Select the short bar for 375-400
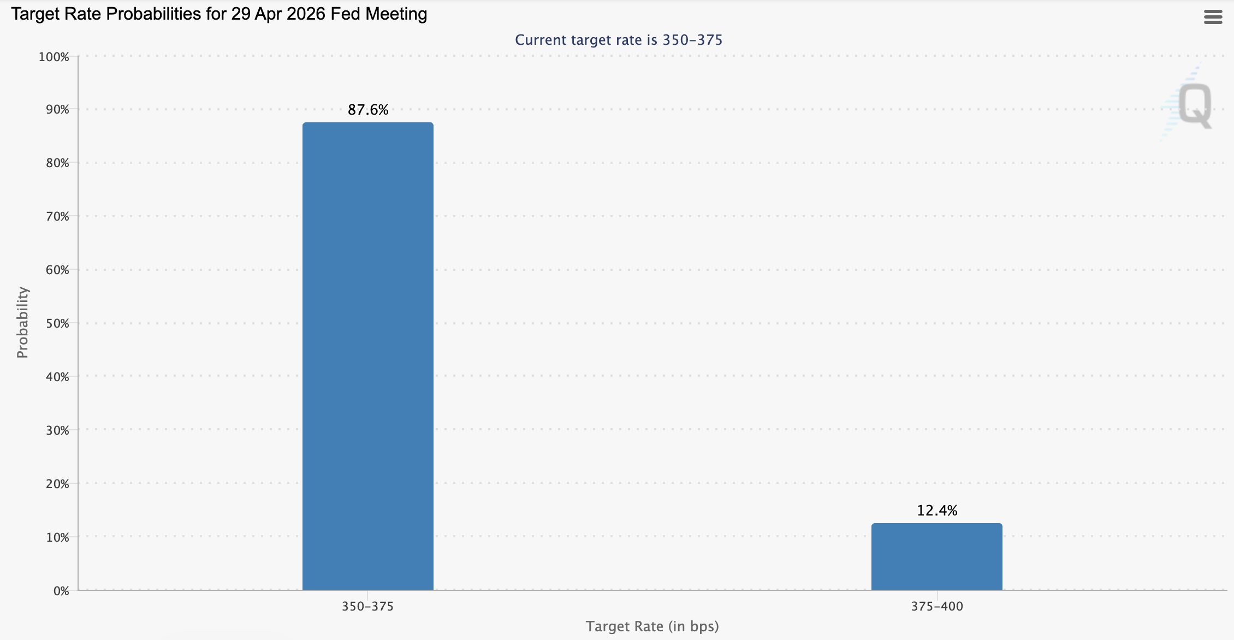936,556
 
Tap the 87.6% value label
368,110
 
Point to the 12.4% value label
937,511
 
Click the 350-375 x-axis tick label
367,606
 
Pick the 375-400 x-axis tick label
937,606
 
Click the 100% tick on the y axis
54,57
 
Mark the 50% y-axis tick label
57,323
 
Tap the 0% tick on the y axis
61,591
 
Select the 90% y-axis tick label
57,110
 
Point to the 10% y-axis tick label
57,537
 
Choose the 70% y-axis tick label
57,217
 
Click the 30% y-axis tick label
57,430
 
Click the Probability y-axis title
22,322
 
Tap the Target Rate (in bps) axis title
652,626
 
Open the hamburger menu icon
1213,17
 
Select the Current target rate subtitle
619,40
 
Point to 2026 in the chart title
306,14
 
